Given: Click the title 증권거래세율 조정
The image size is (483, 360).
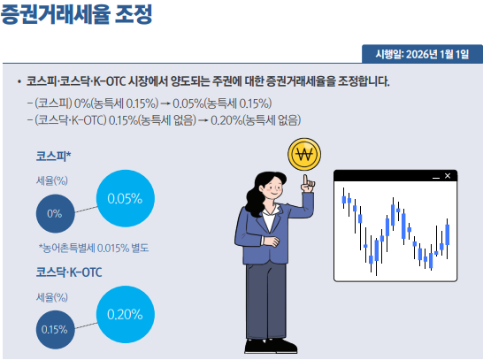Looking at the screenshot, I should point(77,15).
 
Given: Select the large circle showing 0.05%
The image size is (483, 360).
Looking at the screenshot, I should point(125,198).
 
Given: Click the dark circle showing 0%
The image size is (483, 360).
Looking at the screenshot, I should point(55,213).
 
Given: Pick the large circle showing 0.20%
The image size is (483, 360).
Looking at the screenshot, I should point(125,313).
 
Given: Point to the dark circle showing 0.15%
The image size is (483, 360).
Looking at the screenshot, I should point(55,329).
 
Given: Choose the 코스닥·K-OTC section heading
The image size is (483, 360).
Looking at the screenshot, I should point(69,272).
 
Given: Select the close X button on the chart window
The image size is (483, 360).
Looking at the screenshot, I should point(448,176).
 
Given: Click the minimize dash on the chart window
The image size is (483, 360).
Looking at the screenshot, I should point(434,176).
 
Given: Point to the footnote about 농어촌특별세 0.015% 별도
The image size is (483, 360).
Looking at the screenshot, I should point(93,248).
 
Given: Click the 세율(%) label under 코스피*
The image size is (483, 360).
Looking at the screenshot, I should point(52,180).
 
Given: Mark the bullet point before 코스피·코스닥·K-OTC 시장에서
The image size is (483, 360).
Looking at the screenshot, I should point(19,81).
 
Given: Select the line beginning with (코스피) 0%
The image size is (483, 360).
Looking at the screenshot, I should point(150,103).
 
